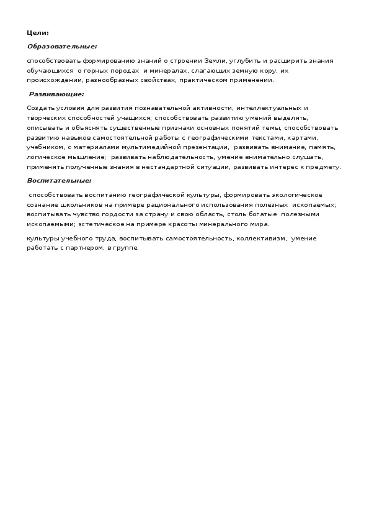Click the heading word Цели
click(37, 32)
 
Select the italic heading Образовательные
click(62, 46)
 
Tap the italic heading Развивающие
click(56, 94)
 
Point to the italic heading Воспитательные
click(59, 181)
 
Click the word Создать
click(40, 108)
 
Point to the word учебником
click(45, 148)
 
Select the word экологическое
click(295, 194)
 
